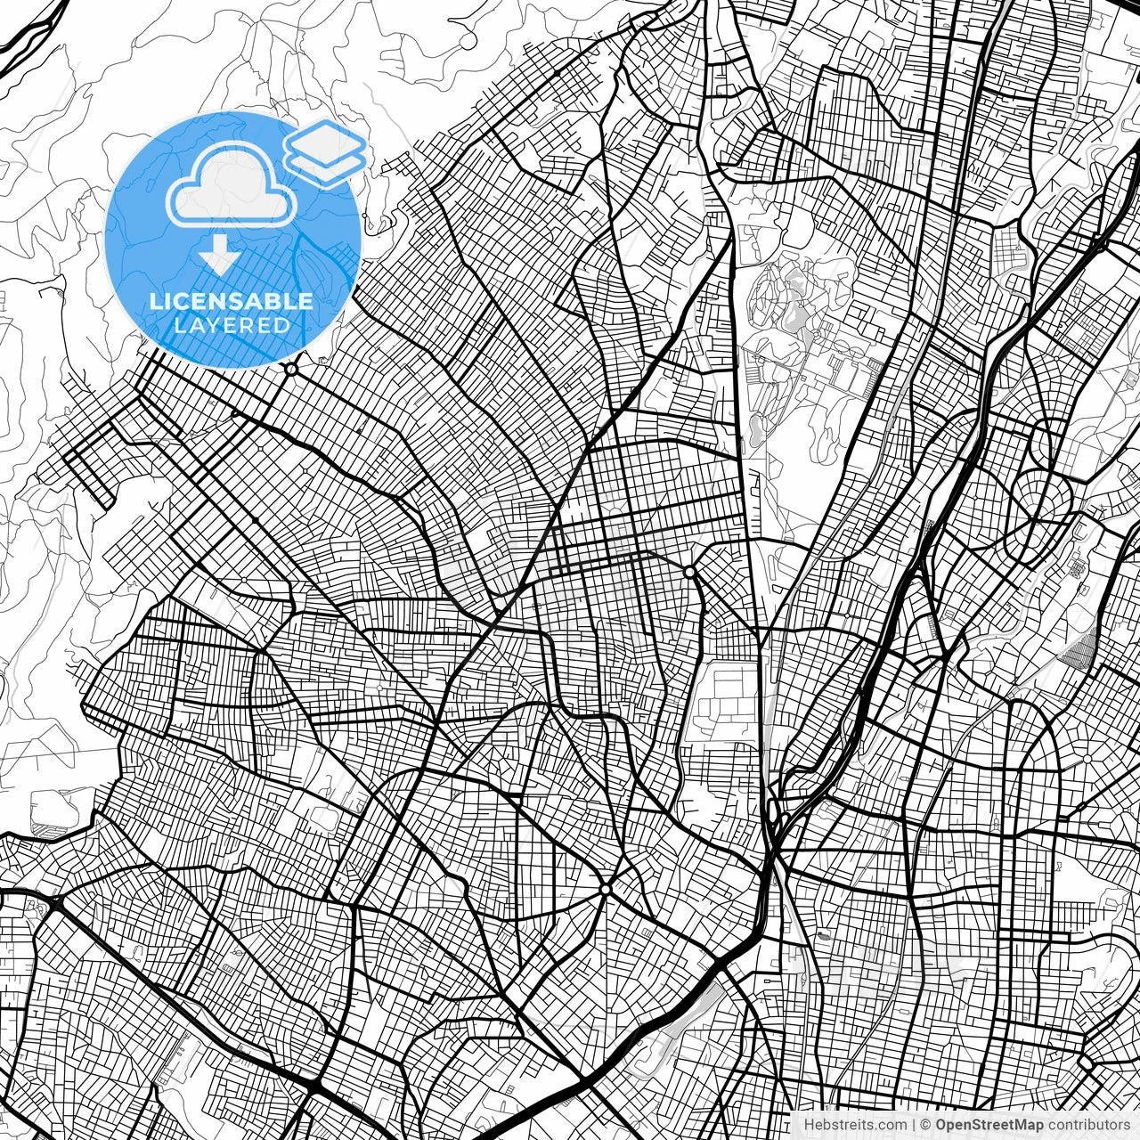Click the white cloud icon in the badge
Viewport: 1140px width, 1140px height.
click(x=232, y=190)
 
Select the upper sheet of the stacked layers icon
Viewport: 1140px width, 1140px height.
click(x=326, y=139)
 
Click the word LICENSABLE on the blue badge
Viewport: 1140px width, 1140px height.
click(x=232, y=301)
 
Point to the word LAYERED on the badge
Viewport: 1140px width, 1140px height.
click(x=232, y=325)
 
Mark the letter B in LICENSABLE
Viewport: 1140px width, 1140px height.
click(x=273, y=301)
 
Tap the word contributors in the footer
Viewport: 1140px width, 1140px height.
click(x=1088, y=1125)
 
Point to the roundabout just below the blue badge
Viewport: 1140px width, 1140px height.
click(x=290, y=368)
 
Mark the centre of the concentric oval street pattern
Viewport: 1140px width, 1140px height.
click(x=1038, y=495)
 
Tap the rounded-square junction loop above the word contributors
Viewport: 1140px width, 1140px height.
click(x=1087, y=1063)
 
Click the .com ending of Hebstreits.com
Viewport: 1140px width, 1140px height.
click(x=892, y=1125)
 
